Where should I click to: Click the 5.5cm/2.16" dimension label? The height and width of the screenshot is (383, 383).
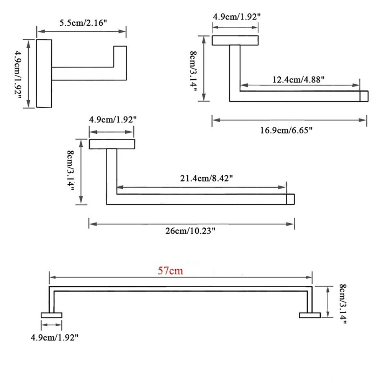[x=83, y=23]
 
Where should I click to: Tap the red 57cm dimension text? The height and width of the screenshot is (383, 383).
[x=170, y=271]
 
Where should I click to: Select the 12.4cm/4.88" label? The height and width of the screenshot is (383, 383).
[x=298, y=79]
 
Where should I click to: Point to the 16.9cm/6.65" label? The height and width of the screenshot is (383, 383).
[x=286, y=130]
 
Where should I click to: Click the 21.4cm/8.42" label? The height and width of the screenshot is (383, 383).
[x=206, y=178]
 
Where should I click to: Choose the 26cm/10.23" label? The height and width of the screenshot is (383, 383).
[x=190, y=231]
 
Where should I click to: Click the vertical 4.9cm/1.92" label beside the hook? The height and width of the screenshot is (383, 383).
[x=18, y=74]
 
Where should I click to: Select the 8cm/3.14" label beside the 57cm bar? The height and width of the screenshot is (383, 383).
[x=343, y=304]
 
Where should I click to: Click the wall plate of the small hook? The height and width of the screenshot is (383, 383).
[x=44, y=73]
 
